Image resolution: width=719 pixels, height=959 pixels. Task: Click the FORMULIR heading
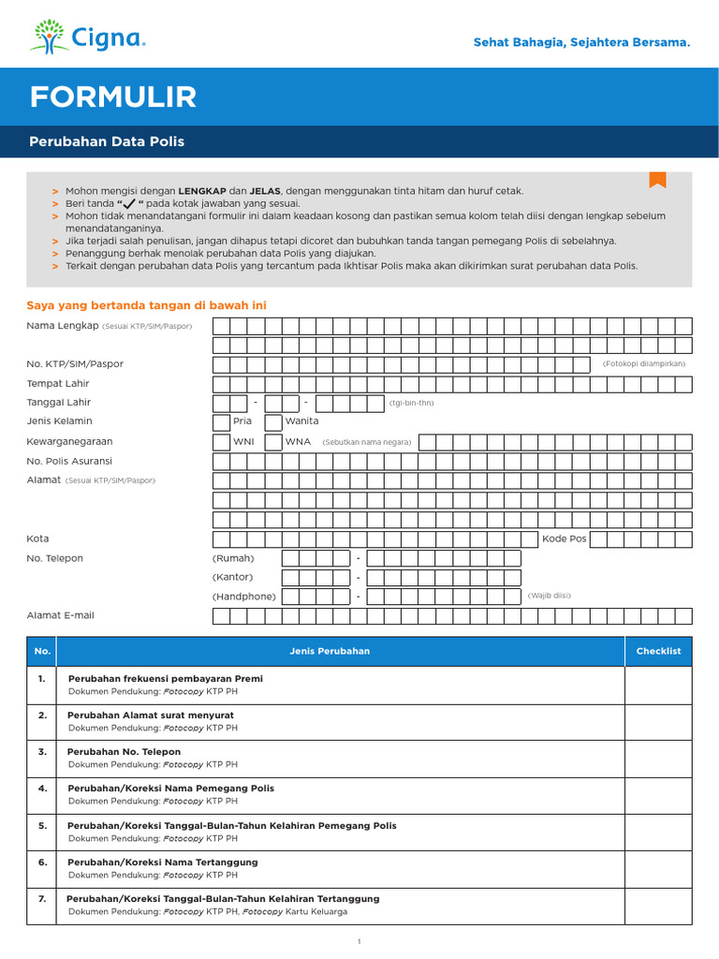point(113,96)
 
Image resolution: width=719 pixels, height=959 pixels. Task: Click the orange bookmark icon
point(657,180)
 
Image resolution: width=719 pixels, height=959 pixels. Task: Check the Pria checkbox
point(222,421)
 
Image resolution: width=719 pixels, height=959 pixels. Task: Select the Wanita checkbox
point(273,421)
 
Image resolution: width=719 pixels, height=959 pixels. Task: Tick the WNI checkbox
point(222,441)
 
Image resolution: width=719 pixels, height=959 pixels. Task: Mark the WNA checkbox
point(273,441)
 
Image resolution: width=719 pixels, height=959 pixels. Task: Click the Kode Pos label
point(564,539)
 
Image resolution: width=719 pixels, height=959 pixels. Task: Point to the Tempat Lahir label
point(58,383)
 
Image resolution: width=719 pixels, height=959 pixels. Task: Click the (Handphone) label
point(244,597)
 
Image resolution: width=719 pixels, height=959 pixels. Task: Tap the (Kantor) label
point(232,577)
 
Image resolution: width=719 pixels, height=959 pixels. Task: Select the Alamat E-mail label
point(60,615)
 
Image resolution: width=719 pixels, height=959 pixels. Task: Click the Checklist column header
point(658,651)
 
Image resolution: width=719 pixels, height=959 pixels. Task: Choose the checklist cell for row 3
point(658,758)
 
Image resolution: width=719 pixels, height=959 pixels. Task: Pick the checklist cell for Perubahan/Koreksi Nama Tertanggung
point(658,868)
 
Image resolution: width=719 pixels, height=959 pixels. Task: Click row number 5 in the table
point(42,826)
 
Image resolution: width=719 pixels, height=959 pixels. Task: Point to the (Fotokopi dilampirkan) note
point(644,363)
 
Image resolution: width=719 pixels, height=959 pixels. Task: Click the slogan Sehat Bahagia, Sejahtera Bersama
point(581,43)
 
